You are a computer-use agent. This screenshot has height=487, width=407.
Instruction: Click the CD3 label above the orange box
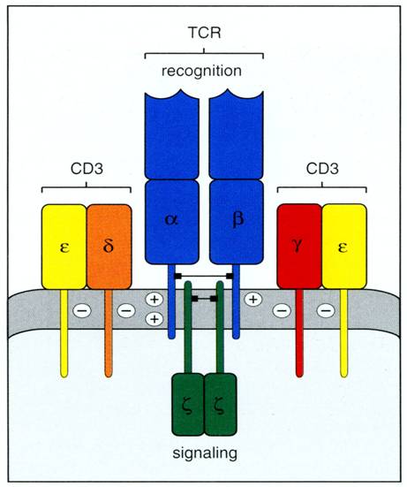(x=87, y=168)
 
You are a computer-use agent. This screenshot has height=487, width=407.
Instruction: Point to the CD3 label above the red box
(x=321, y=168)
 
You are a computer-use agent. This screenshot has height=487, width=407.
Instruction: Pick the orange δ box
(x=108, y=246)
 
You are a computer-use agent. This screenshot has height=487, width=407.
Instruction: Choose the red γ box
(x=299, y=246)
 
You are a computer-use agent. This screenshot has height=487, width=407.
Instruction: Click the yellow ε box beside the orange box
(x=64, y=246)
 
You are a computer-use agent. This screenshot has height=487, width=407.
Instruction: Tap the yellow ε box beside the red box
(x=344, y=246)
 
